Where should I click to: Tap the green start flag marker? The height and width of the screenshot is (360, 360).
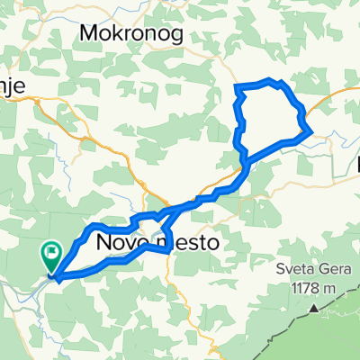52,257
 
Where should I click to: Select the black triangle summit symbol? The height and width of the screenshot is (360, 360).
314,308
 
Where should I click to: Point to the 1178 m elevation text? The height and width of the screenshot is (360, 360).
312,290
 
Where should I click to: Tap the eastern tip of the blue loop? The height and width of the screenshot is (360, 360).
311,131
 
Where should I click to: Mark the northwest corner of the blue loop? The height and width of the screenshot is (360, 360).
237,86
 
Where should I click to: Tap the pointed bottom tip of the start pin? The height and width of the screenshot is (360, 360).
52,272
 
